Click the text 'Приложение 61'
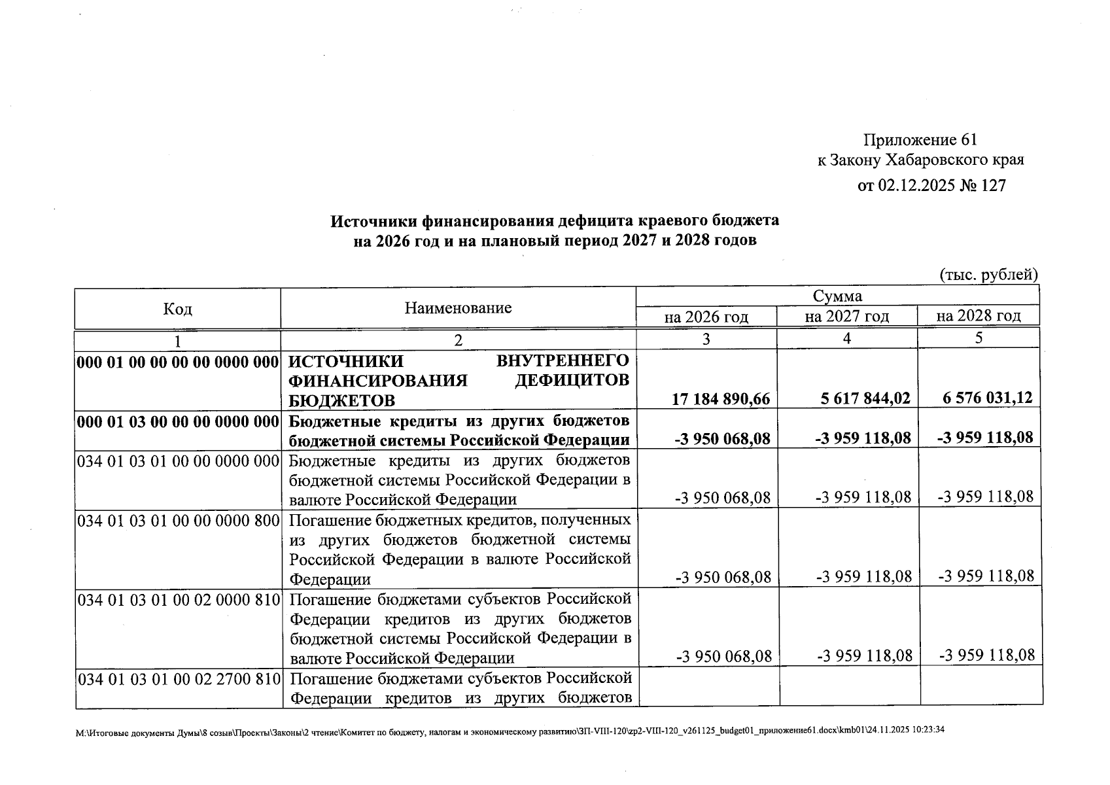pos(920,140)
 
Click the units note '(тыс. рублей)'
pos(988,275)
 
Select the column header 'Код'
pos(177,309)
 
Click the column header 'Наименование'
pos(458,308)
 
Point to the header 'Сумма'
pos(837,296)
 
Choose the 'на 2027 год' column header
pos(846,317)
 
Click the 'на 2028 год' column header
pos(978,317)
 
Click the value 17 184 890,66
pos(721,399)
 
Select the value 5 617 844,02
pos(865,398)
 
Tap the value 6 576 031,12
pos(988,398)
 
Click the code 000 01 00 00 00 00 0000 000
pos(178,362)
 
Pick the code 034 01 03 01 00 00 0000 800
pos(178,521)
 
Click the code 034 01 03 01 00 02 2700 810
pos(179,679)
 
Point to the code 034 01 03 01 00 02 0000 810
pos(179,600)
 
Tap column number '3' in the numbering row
pos(706,339)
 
